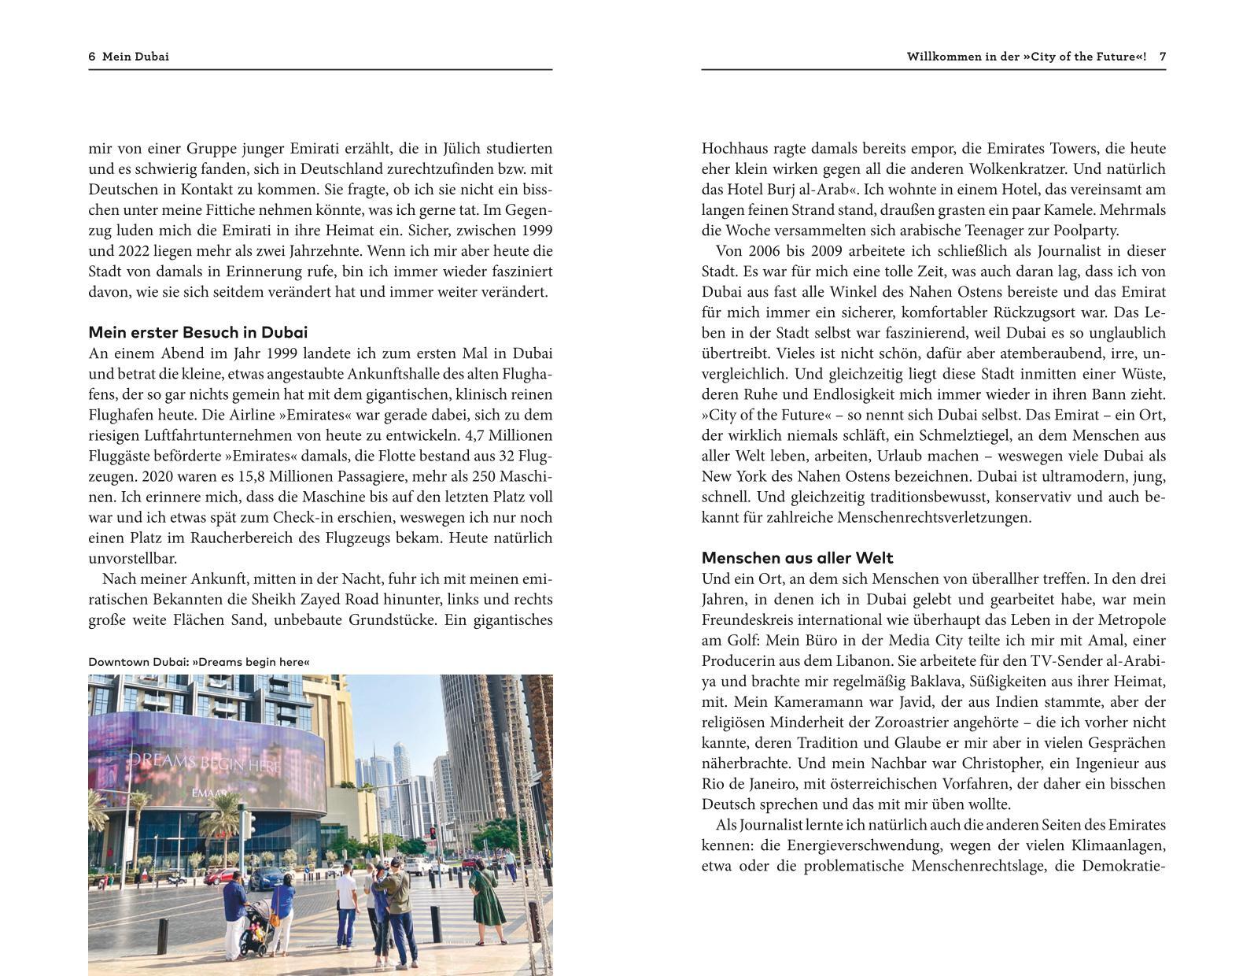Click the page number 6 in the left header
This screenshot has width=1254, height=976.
click(92, 57)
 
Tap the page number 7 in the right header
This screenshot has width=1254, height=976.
click(1162, 57)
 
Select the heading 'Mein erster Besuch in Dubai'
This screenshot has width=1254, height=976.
click(197, 332)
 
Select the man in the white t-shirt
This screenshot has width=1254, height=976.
click(347, 901)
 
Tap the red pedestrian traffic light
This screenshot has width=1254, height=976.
click(431, 833)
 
